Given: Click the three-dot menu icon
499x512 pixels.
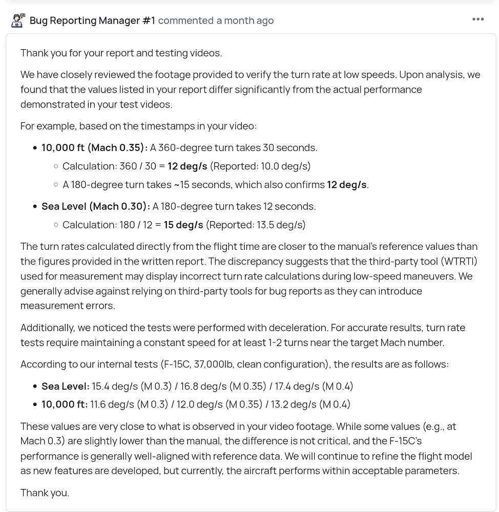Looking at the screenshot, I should tap(478, 19).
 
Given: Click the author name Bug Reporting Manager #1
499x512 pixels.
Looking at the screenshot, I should tap(92, 20).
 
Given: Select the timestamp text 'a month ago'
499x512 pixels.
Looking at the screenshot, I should tap(245, 20).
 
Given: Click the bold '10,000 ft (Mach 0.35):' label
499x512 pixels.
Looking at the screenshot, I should tap(94, 147).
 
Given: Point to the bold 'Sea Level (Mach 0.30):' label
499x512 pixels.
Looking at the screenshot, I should tap(96, 206).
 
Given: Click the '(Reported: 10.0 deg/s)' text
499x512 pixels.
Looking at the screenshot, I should tap(260, 166).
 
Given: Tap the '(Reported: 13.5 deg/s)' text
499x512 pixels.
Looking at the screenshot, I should tap(256, 225).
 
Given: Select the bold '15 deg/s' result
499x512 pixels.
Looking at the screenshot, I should tap(183, 225).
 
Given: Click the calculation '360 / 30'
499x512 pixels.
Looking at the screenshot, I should tap(136, 166).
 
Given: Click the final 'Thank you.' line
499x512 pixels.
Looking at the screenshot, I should tap(45, 493).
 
